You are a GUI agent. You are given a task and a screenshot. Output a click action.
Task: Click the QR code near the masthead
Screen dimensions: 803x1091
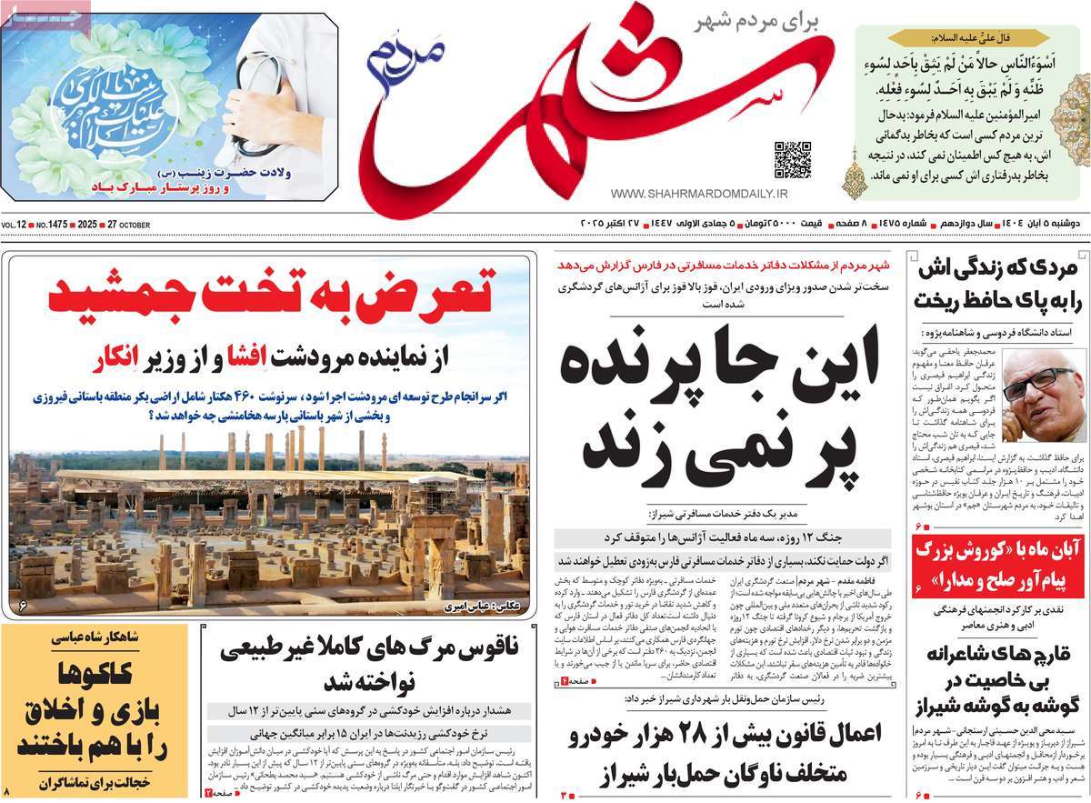tap(792, 159)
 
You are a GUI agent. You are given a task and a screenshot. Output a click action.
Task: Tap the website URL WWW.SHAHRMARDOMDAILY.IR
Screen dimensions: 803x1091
tap(699, 194)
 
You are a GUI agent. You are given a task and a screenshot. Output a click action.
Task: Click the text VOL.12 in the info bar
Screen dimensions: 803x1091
tap(15, 225)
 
